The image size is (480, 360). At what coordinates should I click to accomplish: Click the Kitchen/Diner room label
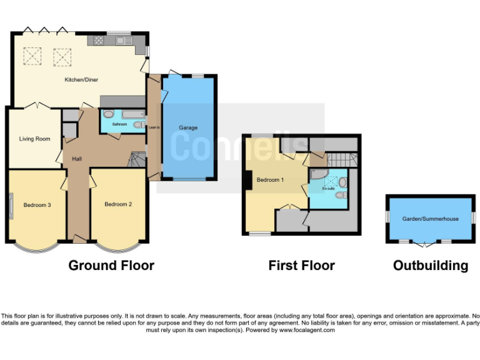pos(82,80)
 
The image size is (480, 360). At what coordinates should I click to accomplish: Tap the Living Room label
pos(34,139)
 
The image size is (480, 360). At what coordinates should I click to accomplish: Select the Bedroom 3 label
pos(37,204)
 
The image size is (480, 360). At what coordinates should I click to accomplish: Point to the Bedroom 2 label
pos(117,204)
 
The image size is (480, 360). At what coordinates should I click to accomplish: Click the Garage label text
pos(188,128)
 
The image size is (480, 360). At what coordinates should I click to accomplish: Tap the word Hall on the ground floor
pos(77,159)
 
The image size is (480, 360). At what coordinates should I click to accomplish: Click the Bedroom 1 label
pos(271,180)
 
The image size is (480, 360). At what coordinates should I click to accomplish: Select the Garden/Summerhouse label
pos(431,219)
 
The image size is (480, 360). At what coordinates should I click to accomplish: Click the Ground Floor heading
pos(111,266)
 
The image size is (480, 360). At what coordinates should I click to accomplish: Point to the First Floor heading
pos(301,266)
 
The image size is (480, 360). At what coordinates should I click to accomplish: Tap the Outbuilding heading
pos(430,266)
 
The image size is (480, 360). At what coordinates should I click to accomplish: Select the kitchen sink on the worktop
pos(121,41)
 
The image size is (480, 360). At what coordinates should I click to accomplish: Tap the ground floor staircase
pos(137,161)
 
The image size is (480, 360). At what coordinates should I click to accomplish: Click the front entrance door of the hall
pos(79,239)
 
